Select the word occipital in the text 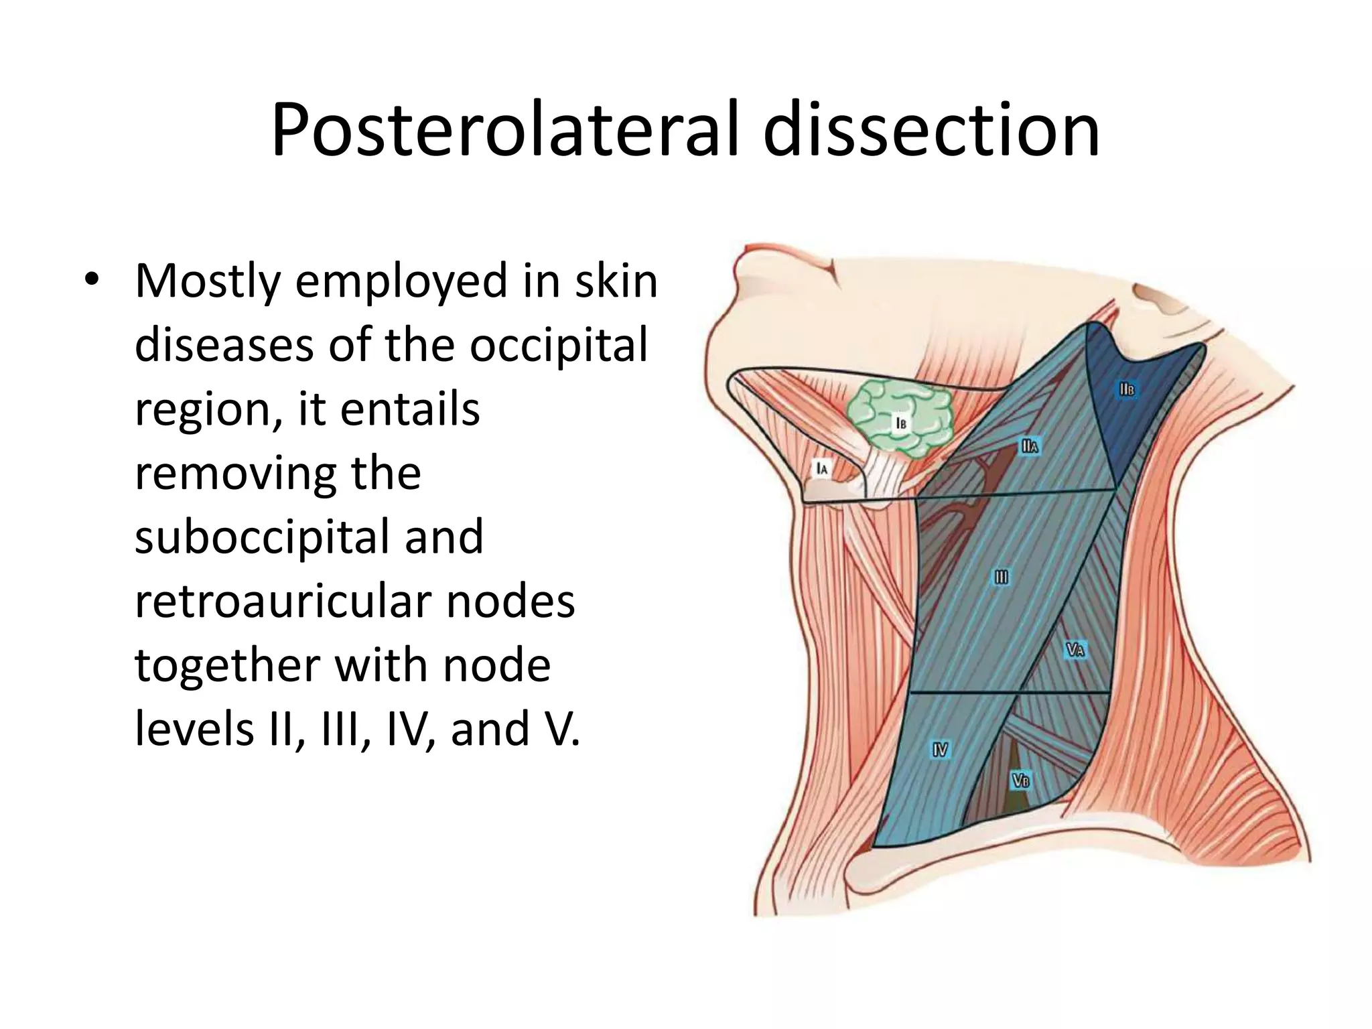(559, 345)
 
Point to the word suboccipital (309, 538)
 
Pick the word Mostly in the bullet (208, 281)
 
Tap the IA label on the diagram (821, 468)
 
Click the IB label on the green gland (901, 423)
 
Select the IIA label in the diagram (1030, 446)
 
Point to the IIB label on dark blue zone (1126, 389)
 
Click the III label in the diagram (1001, 577)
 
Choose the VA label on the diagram (1075, 649)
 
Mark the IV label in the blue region (940, 750)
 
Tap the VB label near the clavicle (1020, 780)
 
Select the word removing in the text (278, 474)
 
